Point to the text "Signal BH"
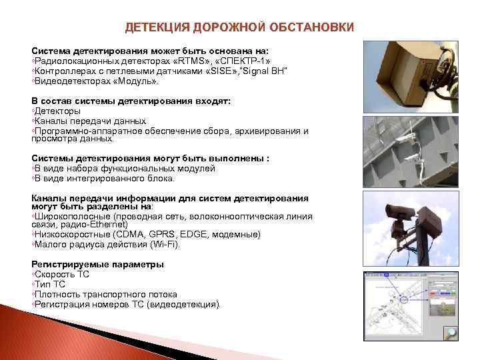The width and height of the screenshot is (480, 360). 265,71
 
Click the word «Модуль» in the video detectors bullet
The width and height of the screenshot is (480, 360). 137,81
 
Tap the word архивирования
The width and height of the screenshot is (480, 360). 256,131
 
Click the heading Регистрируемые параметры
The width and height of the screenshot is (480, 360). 97,265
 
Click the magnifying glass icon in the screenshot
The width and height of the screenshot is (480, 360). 451,334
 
